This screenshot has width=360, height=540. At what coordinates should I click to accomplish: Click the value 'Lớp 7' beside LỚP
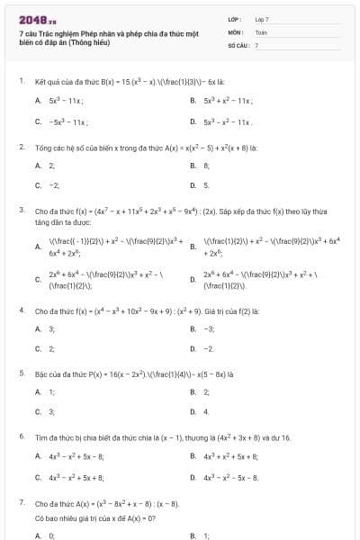click(x=262, y=18)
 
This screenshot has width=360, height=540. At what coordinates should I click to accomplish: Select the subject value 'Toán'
click(x=261, y=31)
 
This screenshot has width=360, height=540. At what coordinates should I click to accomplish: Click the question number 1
click(x=21, y=80)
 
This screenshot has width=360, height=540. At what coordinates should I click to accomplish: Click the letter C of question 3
click(x=38, y=279)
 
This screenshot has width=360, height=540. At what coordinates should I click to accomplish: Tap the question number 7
click(x=21, y=502)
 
